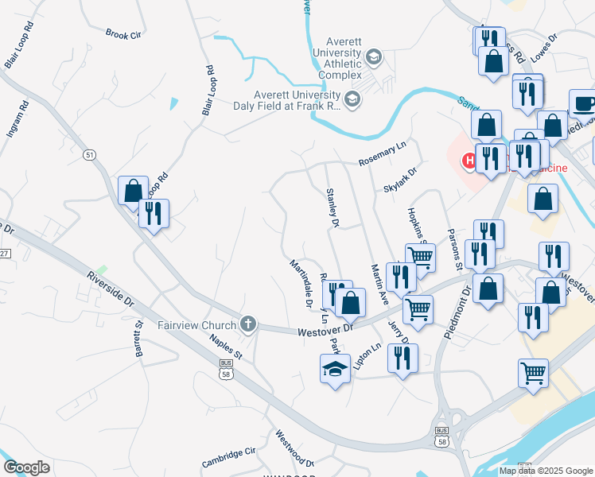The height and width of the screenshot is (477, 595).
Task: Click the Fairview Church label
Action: coord(197,324)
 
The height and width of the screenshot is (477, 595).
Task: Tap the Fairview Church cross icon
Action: coord(249,324)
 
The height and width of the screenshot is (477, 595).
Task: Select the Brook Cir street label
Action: coord(123,34)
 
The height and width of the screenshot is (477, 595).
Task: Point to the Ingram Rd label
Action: coord(17,119)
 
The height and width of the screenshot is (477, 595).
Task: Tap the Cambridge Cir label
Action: coord(228,457)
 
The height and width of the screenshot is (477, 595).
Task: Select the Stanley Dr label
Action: coord(332,209)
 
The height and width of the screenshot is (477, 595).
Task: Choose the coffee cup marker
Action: coord(585,104)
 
